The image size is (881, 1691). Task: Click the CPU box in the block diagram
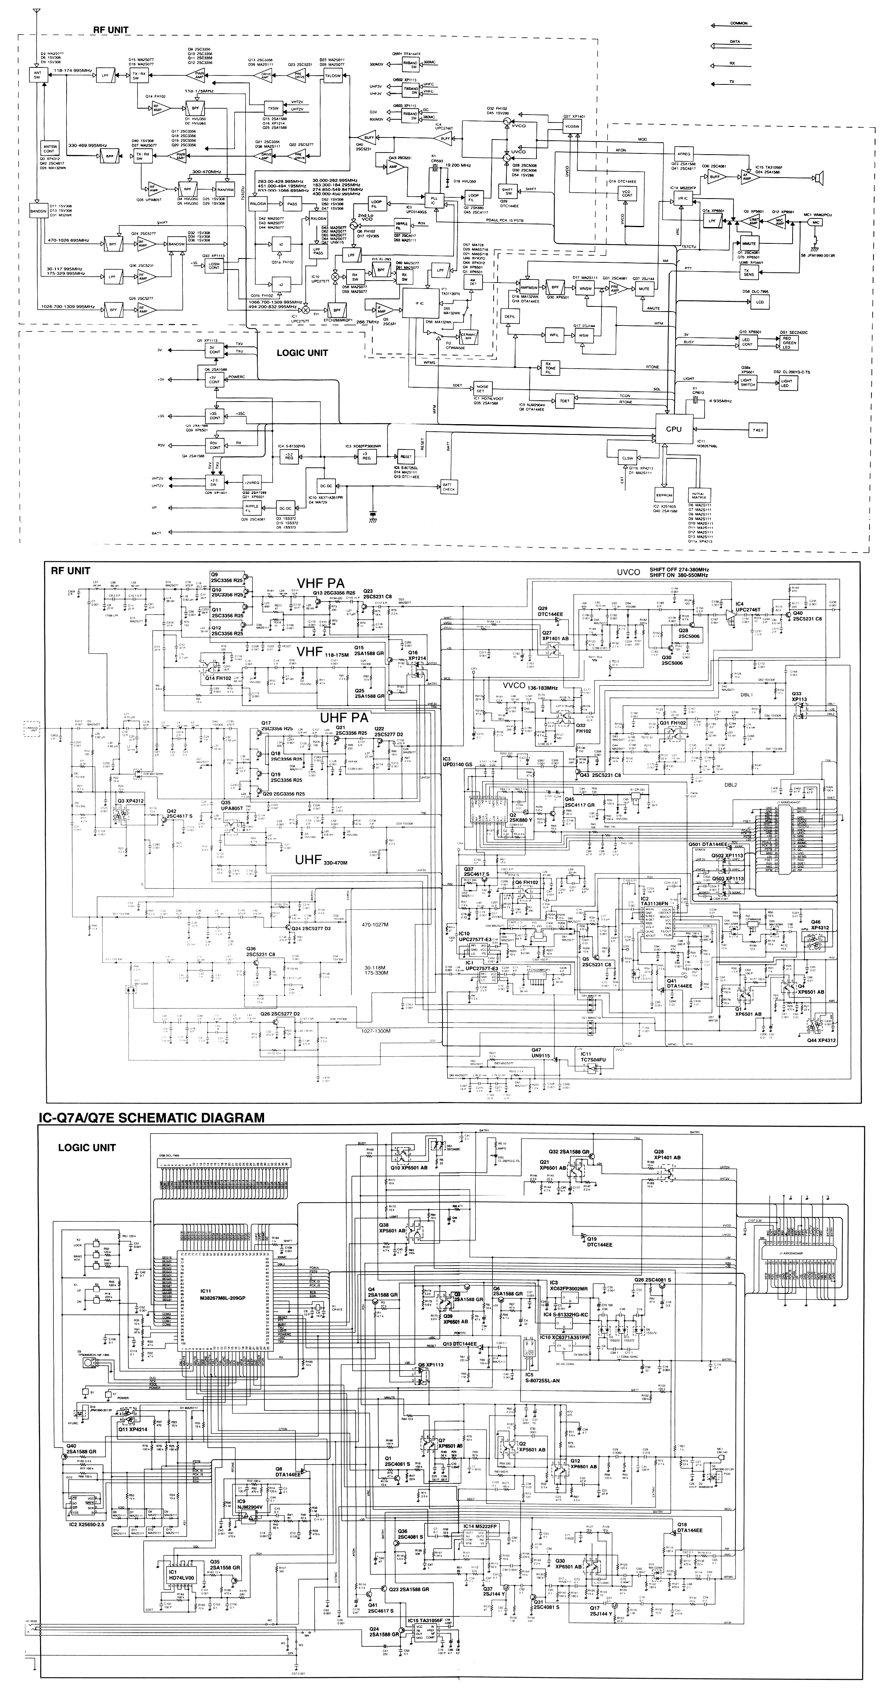point(674,428)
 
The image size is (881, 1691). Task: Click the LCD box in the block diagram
point(760,302)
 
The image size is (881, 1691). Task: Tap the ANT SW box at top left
point(37,75)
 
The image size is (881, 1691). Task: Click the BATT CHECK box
point(449,486)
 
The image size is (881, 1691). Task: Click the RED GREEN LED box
point(789,341)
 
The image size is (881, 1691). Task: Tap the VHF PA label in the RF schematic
point(320,583)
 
